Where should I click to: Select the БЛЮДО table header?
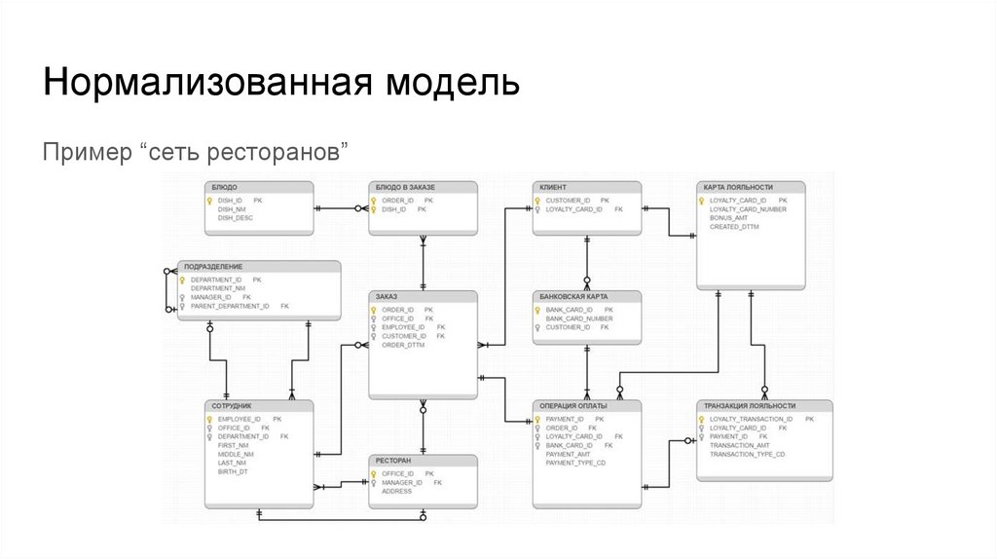pos(225,186)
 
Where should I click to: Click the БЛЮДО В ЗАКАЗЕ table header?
pos(406,186)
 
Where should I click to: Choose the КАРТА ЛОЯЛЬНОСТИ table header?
pos(738,186)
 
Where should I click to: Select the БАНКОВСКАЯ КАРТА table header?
pos(576,295)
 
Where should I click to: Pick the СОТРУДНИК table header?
pos(233,405)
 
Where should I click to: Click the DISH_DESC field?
pos(235,218)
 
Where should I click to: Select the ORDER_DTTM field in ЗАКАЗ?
pos(403,345)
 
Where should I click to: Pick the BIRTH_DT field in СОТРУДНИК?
pos(233,471)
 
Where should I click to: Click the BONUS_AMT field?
pos(728,218)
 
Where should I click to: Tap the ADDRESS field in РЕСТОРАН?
pos(396,491)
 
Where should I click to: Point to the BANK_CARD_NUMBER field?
pos(578,318)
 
